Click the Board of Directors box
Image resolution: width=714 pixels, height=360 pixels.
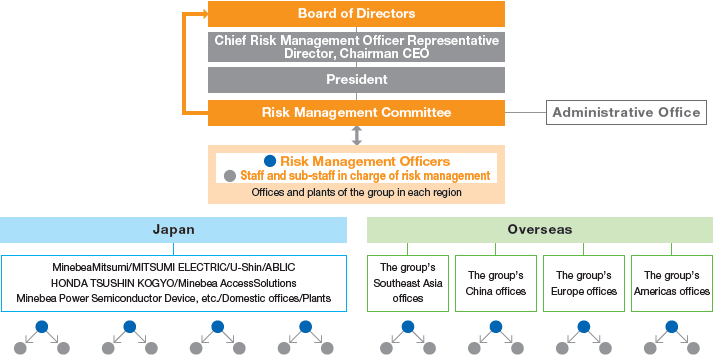[x=356, y=14]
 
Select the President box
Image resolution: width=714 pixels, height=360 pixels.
[x=356, y=79]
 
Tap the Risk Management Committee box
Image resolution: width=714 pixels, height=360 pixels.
[x=356, y=112]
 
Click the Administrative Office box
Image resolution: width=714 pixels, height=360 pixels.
[x=627, y=112]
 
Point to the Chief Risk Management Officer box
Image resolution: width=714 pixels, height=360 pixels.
[x=356, y=46]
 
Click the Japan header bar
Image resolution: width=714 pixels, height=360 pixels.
[x=173, y=229]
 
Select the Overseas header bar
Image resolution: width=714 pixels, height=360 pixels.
[x=539, y=229]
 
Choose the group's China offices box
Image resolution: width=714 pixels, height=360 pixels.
[x=495, y=283]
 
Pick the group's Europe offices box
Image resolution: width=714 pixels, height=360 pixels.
[x=583, y=283]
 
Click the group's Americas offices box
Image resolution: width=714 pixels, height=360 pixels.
[x=671, y=283]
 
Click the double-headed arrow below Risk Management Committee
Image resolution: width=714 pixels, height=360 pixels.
[x=356, y=135]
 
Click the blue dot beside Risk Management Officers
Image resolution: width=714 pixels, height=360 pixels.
[x=269, y=160]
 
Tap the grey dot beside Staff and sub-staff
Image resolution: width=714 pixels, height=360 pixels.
[x=230, y=176]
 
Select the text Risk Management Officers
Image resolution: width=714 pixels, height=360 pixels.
[x=364, y=160]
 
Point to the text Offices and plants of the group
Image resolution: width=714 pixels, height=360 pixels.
[x=356, y=192]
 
